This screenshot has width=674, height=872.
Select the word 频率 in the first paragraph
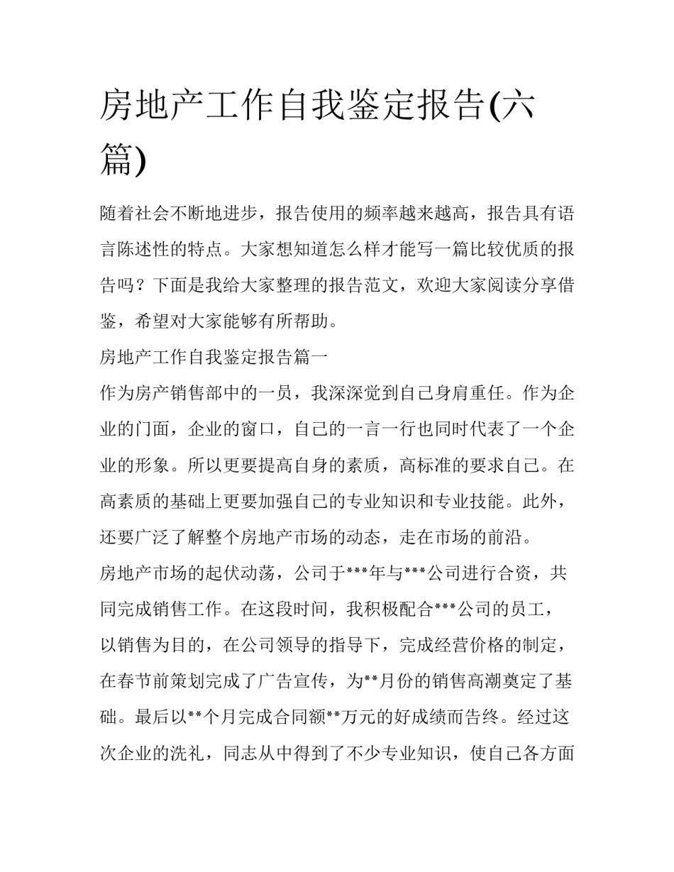click(365, 214)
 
